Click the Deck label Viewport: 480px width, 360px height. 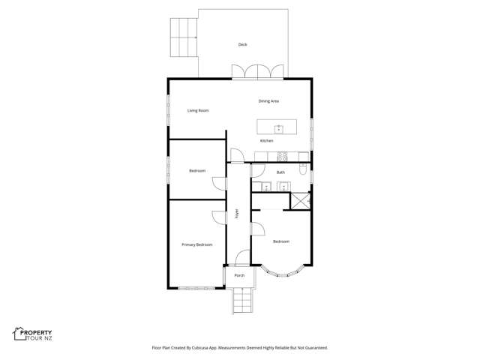[242, 45]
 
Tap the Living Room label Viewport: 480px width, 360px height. [198, 110]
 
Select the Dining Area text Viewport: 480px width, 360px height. [268, 101]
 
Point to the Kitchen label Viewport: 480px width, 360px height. [267, 141]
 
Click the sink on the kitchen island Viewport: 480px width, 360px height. [278, 129]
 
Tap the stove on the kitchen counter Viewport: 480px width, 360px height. [282, 157]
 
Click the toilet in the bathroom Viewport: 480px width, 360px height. [303, 169]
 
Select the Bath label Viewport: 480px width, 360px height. [280, 172]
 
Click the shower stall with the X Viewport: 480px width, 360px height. [300, 201]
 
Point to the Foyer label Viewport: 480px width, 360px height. [237, 213]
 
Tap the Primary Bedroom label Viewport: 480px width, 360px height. [196, 245]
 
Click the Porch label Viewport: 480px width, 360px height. [239, 275]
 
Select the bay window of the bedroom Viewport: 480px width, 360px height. [282, 272]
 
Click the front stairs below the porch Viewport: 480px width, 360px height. [243, 301]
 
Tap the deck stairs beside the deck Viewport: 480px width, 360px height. [184, 37]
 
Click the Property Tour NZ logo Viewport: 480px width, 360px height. [32, 334]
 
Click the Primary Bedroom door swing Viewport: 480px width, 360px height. [218, 218]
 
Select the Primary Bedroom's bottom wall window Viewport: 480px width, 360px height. [196, 288]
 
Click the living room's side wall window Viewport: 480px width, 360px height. [168, 109]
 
